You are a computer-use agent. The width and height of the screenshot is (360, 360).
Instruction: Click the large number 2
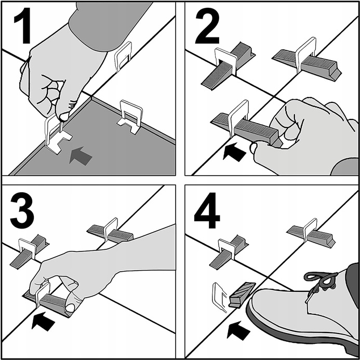[x=207, y=25]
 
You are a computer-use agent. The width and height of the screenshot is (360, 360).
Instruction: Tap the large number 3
[x=22, y=210]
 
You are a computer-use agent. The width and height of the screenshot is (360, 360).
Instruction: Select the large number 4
[x=207, y=210]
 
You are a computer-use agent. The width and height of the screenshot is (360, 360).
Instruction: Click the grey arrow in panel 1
[x=81, y=156]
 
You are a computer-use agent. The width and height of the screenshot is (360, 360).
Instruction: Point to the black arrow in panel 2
[x=234, y=152]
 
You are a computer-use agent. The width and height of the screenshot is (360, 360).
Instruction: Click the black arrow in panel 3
[x=43, y=322]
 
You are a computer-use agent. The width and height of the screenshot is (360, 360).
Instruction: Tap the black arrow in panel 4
[x=238, y=330]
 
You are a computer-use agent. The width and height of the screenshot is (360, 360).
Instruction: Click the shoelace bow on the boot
[x=322, y=279]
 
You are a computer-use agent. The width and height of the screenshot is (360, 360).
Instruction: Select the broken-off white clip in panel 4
[x=219, y=297]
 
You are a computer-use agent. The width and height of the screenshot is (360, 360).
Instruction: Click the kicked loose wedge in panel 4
[x=242, y=295]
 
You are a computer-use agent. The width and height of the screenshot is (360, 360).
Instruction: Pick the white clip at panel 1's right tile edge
[x=130, y=117]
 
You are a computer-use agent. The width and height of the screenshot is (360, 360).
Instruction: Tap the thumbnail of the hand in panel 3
[x=70, y=308]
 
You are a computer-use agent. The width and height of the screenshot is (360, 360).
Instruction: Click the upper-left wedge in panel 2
[x=228, y=66]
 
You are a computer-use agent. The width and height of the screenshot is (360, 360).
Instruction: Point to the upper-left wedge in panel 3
[x=30, y=251]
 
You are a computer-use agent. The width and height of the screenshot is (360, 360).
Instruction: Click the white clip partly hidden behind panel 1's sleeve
[x=123, y=56]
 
